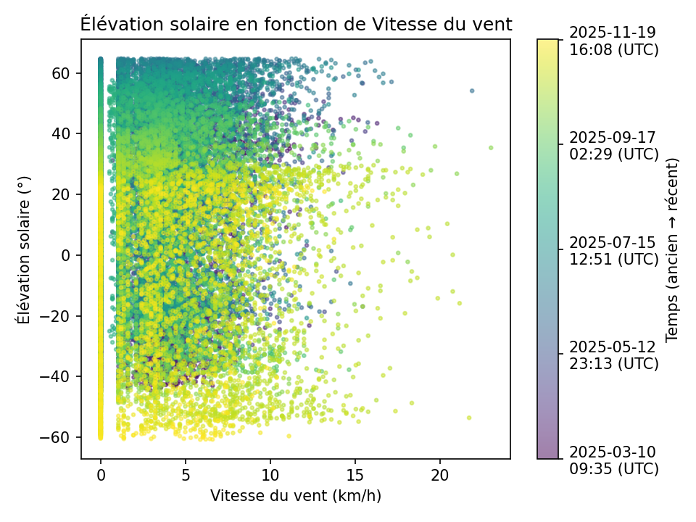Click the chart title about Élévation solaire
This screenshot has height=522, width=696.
point(296,24)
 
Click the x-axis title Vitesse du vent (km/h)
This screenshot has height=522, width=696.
point(296,496)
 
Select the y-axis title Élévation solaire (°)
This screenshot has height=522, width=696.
point(24,248)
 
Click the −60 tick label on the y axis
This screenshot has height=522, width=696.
point(62,437)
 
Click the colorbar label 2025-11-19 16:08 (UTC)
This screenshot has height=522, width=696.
point(613,41)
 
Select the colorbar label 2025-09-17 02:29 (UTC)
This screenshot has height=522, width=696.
point(613,145)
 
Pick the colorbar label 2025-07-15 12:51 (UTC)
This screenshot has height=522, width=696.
point(613,249)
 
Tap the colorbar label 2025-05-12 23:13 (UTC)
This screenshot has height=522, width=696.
point(613,355)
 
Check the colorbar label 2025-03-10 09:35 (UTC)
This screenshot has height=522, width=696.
point(613,460)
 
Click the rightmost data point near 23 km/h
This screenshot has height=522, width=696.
point(491,148)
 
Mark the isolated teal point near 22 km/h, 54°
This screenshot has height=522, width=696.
point(472,91)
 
